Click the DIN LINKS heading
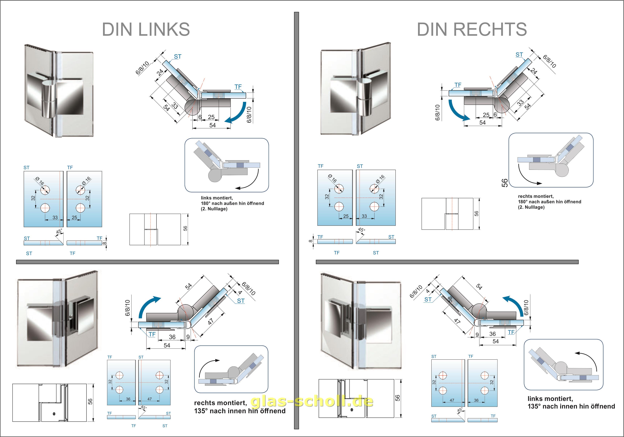(146, 29)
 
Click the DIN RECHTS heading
(472, 29)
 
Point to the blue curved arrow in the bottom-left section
(148, 306)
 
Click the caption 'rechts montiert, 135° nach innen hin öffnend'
(240, 407)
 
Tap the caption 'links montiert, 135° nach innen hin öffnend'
(571, 403)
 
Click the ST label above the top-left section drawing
(178, 57)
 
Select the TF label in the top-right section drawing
(458, 85)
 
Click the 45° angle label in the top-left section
(59, 232)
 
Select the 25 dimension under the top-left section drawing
(211, 117)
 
